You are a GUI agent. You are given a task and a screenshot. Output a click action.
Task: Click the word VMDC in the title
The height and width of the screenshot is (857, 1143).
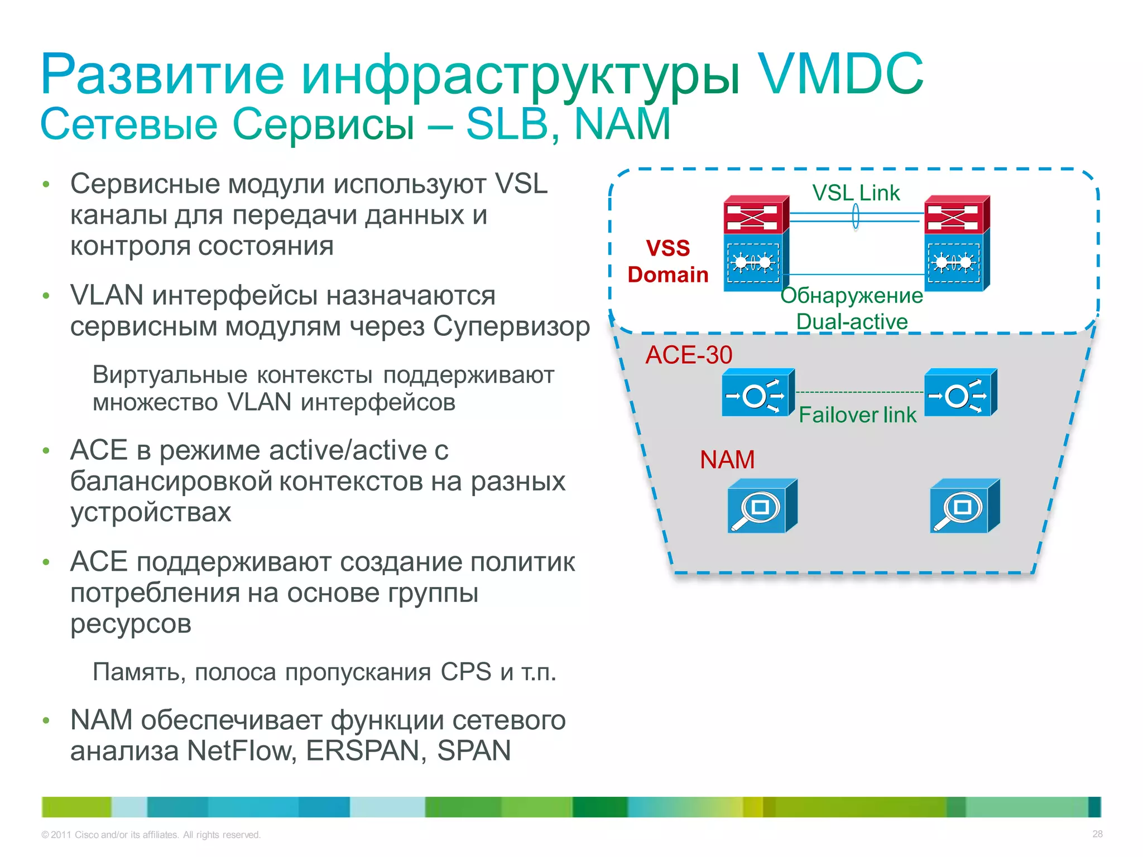[x=839, y=74]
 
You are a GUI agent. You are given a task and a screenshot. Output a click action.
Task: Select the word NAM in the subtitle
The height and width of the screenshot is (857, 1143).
[x=622, y=124]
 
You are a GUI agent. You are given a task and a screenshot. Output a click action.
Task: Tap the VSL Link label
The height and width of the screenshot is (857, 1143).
[x=856, y=193]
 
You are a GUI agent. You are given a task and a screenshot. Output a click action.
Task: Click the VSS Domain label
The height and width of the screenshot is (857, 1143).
[x=667, y=261]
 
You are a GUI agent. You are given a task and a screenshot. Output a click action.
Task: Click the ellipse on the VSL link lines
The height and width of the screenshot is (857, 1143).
[x=856, y=217]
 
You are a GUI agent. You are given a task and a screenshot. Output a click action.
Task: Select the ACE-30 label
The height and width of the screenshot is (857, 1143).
[x=688, y=355]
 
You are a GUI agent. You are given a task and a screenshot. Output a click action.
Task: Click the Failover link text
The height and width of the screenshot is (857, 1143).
[x=857, y=415]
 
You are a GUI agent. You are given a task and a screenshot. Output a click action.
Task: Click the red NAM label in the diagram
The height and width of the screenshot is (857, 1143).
[x=727, y=460]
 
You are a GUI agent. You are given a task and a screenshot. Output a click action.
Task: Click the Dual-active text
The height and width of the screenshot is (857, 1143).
[x=852, y=321]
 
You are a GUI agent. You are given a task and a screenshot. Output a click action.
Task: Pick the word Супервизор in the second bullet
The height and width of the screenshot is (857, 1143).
[x=511, y=326]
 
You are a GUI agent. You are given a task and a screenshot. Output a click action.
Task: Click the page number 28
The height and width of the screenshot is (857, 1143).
[x=1097, y=834]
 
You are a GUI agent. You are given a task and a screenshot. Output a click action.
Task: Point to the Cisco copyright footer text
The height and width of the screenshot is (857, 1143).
[x=151, y=835]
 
